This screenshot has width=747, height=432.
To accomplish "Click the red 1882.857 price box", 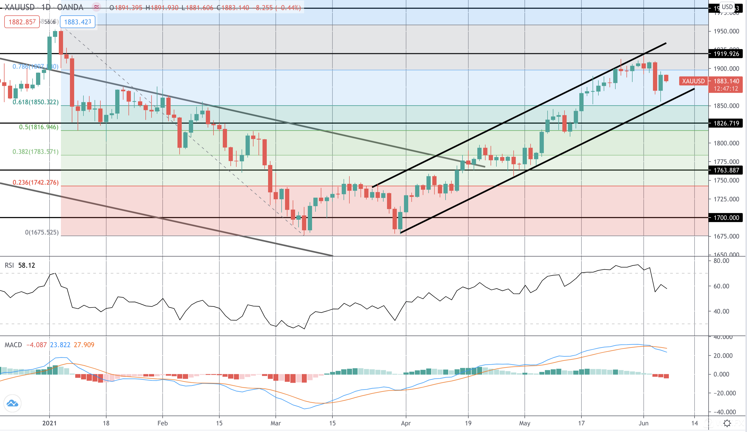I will click(22, 22).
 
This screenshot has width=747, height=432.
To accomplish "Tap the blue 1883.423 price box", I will click(77, 22).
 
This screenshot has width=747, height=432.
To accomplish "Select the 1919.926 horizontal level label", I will click(726, 54).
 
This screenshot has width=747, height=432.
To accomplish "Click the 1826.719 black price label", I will click(726, 123).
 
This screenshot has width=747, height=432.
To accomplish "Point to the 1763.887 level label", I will click(726, 170).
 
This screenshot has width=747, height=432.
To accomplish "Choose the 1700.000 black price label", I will click(726, 218).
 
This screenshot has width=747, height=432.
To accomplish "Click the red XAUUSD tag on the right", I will click(693, 81).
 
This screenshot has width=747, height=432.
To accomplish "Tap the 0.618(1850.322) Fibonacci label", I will click(35, 102).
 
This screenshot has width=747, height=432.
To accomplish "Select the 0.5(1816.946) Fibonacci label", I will click(38, 127).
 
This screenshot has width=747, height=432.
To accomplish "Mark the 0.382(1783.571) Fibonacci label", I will click(35, 152).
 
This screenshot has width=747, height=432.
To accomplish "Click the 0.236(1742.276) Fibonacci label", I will click(35, 182).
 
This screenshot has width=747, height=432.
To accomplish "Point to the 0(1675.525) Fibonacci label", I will click(42, 232).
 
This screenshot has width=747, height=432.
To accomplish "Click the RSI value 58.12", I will click(27, 265).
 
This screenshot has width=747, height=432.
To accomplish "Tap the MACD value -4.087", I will click(37, 345).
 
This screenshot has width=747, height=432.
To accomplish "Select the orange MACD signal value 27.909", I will click(84, 345).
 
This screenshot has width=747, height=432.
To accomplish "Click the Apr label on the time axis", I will click(406, 423).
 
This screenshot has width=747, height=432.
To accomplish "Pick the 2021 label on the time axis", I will click(49, 423).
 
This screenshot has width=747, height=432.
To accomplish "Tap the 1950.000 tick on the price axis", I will click(726, 31).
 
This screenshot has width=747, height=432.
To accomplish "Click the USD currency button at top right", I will click(727, 7).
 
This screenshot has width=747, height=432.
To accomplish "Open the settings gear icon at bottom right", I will click(727, 423).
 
